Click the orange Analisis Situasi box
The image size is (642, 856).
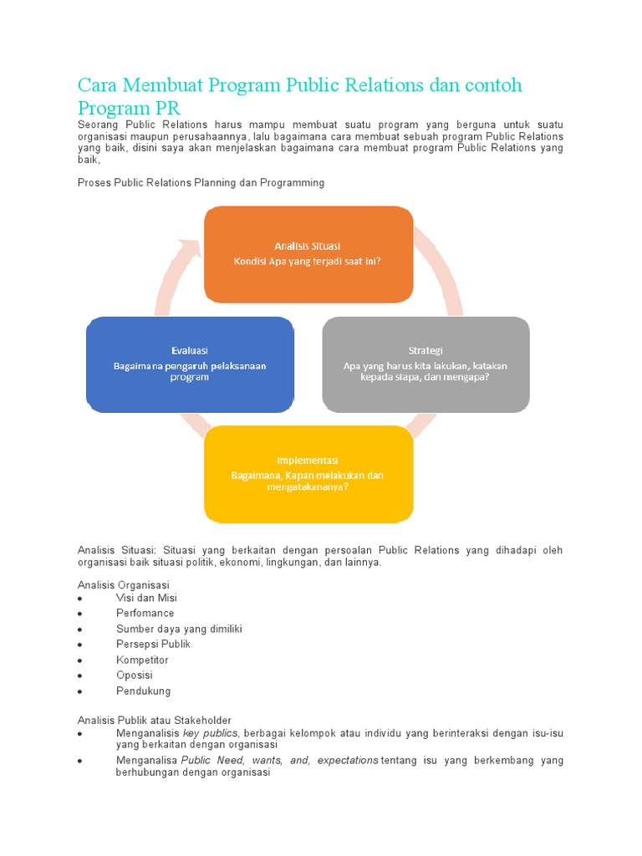click(308, 254)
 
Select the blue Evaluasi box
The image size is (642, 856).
click(190, 364)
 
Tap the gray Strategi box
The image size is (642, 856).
click(425, 364)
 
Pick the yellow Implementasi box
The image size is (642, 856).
click(308, 474)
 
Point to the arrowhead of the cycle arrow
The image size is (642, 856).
click(190, 247)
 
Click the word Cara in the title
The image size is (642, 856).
click(94, 86)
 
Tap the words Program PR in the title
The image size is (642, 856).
click(129, 109)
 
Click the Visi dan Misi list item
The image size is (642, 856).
click(146, 598)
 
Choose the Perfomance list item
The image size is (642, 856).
click(145, 613)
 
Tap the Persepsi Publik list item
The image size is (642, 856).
click(153, 644)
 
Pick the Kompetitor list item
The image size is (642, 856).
click(142, 660)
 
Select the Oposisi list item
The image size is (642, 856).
click(135, 675)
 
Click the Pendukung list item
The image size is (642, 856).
click(143, 690)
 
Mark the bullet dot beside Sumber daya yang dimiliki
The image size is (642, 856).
click(79, 629)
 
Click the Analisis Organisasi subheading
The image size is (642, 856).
click(123, 583)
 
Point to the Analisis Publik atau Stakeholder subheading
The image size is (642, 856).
click(155, 720)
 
